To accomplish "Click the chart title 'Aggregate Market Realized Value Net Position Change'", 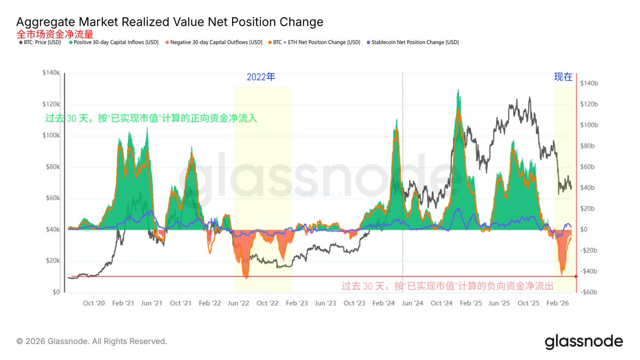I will (170, 22).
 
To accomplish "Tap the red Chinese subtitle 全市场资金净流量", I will (55, 34).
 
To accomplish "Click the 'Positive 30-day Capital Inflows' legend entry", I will (114, 42).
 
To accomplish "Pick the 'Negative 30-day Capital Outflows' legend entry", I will (214, 42).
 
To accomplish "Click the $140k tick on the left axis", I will (52, 73).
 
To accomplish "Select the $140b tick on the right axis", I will (589, 83).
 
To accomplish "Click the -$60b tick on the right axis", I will (589, 292).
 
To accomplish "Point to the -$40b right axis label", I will (589, 271).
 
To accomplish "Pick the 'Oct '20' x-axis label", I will (94, 303).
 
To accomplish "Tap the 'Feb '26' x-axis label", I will (557, 303).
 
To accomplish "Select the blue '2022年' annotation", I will (261, 77).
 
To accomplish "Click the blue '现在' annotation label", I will (563, 77).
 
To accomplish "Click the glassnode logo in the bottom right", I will (583, 341).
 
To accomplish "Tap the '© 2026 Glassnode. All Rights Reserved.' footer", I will (92, 341).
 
